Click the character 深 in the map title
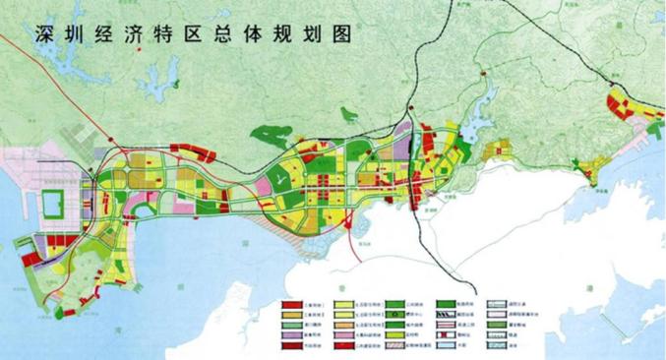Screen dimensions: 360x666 click(x=45, y=33)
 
